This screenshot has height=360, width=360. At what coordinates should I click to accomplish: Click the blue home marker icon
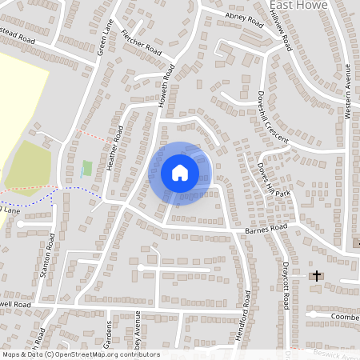click(x=180, y=173)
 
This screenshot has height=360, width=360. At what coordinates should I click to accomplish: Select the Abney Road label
click(x=244, y=19)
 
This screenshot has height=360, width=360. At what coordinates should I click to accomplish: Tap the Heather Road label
click(x=114, y=149)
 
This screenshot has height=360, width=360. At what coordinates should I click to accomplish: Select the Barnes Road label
click(x=266, y=230)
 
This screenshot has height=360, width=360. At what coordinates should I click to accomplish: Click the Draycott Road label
click(x=285, y=285)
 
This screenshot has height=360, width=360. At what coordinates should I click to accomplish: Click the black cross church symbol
click(x=317, y=276)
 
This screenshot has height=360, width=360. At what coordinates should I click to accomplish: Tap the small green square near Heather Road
click(x=86, y=168)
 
